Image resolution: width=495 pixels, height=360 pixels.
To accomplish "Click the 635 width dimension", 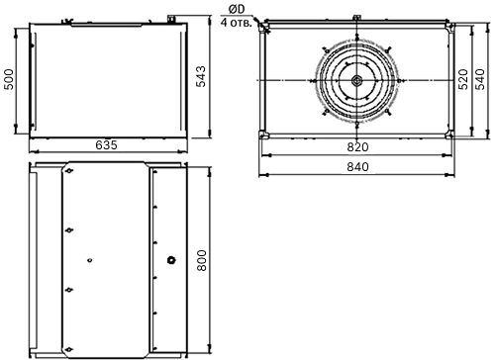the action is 106,145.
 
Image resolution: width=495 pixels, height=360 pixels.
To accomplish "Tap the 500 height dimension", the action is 9,79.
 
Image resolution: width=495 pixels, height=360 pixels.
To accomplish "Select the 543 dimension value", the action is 201,76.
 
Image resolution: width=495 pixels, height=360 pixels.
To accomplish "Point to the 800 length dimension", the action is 201,260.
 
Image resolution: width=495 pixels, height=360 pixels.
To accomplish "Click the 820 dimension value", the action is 357,147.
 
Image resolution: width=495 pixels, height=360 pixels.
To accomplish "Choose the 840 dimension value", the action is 357,167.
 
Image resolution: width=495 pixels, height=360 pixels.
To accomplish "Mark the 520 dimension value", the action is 463,79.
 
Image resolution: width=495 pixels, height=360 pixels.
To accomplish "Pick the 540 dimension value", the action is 480,79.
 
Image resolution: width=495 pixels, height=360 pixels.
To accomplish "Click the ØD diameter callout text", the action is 237,10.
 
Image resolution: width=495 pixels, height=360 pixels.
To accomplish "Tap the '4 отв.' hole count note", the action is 237,23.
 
